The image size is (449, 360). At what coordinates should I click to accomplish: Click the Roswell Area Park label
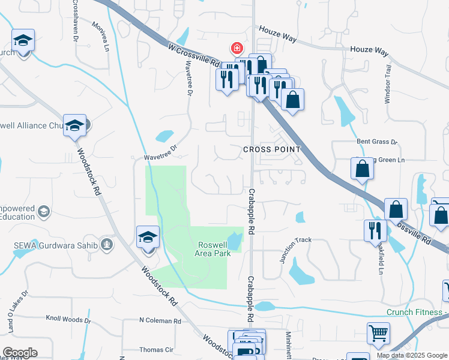click(x=213, y=249)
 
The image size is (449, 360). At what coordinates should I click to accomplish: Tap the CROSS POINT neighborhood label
click(x=271, y=149)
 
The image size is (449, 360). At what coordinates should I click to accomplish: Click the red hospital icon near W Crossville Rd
click(x=238, y=47)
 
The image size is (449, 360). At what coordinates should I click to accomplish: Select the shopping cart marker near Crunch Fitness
click(x=378, y=334)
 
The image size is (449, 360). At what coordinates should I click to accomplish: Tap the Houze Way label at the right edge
click(x=369, y=51)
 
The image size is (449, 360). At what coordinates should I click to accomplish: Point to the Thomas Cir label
click(x=156, y=349)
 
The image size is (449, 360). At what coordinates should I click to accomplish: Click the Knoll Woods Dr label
click(x=68, y=320)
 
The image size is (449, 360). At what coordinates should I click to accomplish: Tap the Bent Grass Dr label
click(x=377, y=142)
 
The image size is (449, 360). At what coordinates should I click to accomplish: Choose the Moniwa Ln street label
click(x=100, y=36)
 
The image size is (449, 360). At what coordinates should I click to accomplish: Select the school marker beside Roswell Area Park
click(x=148, y=236)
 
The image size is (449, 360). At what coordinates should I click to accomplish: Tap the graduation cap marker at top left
click(x=23, y=40)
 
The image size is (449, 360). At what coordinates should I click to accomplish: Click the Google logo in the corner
click(x=20, y=353)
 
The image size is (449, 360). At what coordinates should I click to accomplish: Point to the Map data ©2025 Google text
click(x=412, y=355)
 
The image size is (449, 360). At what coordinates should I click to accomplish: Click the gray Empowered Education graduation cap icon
click(x=44, y=211)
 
